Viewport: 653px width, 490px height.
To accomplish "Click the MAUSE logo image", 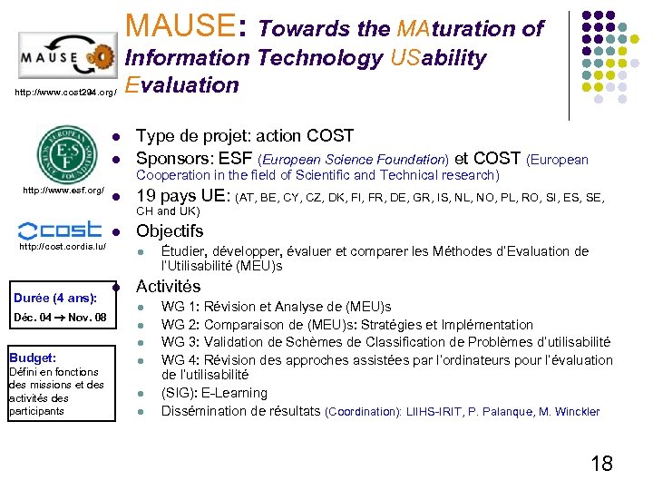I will [x=65, y=60].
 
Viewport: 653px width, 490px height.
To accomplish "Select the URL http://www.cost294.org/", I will [x=65, y=93].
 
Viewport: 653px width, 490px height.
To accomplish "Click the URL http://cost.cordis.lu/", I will [x=63, y=246].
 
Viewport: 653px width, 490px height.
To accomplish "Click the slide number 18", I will [x=601, y=464].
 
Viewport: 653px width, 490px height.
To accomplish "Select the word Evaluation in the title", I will [x=182, y=85].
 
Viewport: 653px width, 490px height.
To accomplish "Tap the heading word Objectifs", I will [x=170, y=230].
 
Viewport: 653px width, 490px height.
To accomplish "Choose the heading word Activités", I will [x=169, y=287].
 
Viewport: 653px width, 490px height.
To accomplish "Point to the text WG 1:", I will [x=180, y=308].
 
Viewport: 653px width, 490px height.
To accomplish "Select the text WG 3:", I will [x=180, y=342].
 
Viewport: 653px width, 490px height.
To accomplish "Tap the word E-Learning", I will [x=236, y=393].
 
